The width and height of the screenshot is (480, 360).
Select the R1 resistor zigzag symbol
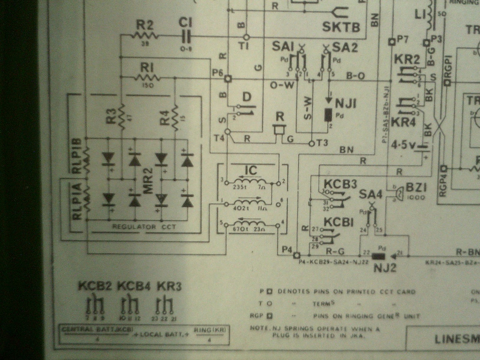pos(147,79)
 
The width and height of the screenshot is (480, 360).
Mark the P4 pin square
pos(297,255)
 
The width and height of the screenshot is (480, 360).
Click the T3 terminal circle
pos(311,143)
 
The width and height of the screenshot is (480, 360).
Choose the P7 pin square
pos(391,41)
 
